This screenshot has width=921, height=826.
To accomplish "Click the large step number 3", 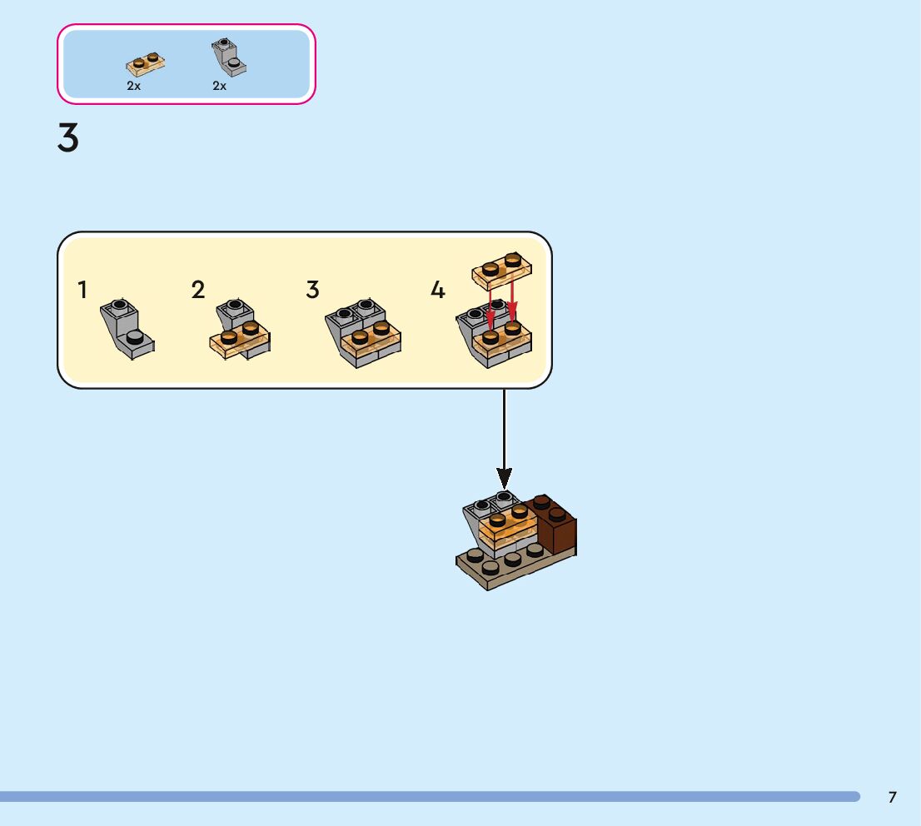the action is [x=68, y=138].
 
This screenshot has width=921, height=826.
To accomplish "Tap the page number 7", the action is [x=893, y=797].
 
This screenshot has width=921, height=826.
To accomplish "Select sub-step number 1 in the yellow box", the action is [x=82, y=290].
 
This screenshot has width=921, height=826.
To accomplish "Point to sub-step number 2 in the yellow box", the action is [x=197, y=290].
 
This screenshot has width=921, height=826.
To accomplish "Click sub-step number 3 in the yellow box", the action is [x=312, y=290].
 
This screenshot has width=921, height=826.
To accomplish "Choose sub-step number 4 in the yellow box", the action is [x=438, y=291].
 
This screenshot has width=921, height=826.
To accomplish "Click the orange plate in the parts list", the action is [x=145, y=63].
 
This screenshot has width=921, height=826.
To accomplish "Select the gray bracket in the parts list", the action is [x=228, y=57].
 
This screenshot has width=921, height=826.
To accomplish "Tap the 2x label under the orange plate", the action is [x=134, y=86].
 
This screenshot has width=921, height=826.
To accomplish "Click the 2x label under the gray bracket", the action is [x=220, y=86].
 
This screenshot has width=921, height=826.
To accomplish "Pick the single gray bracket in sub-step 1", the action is [x=127, y=329].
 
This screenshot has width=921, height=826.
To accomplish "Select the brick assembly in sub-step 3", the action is [x=362, y=334].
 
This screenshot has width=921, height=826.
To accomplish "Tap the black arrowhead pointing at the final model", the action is [x=504, y=479].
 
